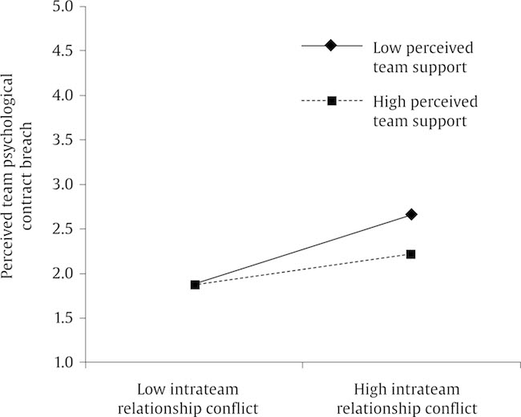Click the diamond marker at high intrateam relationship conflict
pos(411,214)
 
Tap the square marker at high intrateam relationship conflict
pos(411,254)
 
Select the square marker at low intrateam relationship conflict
pos(195,285)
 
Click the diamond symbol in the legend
pos(329,46)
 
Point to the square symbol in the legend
pos(329,101)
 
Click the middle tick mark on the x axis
pos(303,366)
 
